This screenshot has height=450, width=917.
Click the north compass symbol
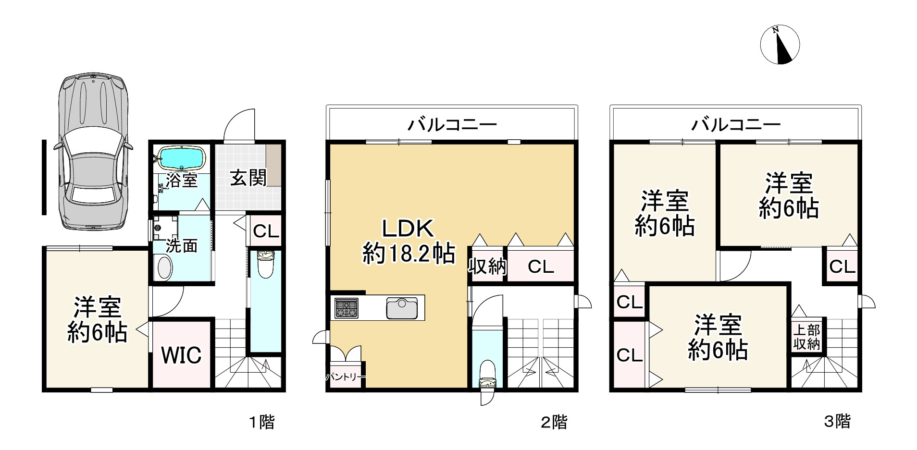click(x=780, y=45)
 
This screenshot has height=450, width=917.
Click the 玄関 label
click(x=248, y=178)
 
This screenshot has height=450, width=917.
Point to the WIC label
click(x=181, y=355)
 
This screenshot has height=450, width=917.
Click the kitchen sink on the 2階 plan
click(x=402, y=308)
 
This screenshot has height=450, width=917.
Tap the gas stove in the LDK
click(x=346, y=308)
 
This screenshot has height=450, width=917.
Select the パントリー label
click(x=345, y=377)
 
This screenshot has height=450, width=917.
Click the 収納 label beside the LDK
click(x=487, y=266)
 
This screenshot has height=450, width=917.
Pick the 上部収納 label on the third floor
click(x=806, y=337)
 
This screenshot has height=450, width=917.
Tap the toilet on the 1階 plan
click(x=265, y=264)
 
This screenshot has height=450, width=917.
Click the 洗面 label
click(x=182, y=245)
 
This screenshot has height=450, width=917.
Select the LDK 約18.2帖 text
click(x=409, y=241)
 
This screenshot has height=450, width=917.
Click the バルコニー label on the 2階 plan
click(x=452, y=125)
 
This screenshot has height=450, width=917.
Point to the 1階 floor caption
click(x=261, y=422)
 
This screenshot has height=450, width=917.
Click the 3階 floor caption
click(x=837, y=422)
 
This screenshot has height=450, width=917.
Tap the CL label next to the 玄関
click(x=266, y=232)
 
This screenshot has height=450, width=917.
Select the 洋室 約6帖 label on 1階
click(x=97, y=319)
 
